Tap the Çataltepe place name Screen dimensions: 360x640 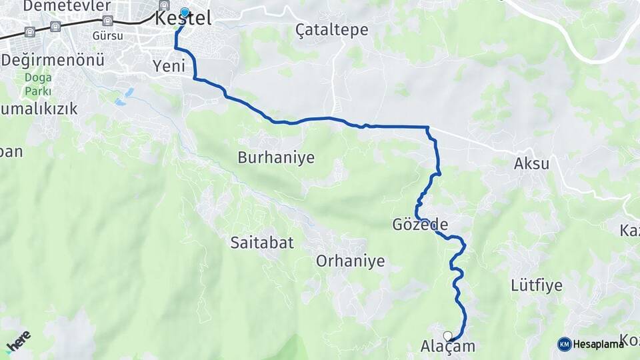323,29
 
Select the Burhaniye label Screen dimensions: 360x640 275,158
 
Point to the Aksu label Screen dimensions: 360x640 531,163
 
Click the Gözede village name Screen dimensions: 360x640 420,225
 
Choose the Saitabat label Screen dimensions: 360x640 262,243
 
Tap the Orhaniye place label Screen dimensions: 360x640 350,261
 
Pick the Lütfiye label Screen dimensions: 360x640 537,286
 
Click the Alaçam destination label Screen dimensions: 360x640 448,347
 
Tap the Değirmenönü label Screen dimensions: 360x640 53,60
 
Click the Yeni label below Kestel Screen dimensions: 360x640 168,66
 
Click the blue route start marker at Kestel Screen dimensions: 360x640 185,13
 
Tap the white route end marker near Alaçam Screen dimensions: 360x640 447,336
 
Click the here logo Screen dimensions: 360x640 18,341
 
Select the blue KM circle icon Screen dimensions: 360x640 564,344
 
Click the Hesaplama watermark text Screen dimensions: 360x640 598,344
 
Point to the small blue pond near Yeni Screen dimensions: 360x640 120,102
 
